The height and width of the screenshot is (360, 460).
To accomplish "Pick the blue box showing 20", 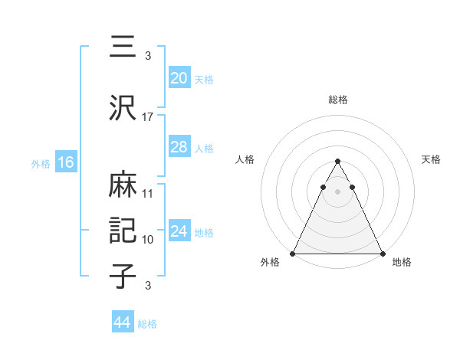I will tap(179, 78).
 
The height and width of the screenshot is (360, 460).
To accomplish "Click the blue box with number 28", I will tap(179, 147).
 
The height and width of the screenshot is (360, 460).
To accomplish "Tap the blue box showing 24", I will tap(179, 231).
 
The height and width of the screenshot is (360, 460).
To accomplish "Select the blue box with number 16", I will tap(65, 162).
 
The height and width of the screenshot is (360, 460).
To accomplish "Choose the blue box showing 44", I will tap(122, 322).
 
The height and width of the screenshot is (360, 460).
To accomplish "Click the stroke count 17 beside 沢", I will tap(148, 117).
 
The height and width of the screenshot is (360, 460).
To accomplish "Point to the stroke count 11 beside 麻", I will tap(148, 194).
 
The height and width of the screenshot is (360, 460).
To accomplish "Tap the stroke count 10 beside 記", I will tap(148, 240).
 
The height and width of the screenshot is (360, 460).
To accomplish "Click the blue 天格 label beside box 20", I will tap(203, 79).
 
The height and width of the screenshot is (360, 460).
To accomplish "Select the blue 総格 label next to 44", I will tap(147, 323).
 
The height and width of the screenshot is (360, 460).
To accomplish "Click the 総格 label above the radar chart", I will tap(337, 100).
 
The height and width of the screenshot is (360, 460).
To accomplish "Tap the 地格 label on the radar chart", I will tap(402, 263).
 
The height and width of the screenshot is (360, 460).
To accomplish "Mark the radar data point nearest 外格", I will tap(294, 254).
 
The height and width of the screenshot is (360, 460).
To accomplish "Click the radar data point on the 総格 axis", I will tap(337, 162).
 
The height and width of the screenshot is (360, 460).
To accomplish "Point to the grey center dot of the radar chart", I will tap(337, 191).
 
